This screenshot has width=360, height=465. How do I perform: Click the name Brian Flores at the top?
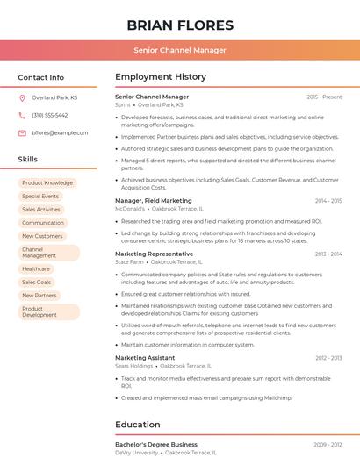[x=180, y=25]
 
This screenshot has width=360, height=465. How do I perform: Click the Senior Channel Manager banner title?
[x=180, y=50]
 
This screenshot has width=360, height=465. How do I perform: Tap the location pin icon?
[x=22, y=98]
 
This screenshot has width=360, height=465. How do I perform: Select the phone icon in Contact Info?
[x=22, y=116]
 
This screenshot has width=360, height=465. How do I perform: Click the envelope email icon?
[x=22, y=133]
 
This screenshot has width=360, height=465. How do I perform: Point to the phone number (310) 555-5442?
[x=49, y=116]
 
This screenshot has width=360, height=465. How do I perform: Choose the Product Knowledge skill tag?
[x=47, y=183]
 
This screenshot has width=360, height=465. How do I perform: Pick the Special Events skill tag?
[x=40, y=197]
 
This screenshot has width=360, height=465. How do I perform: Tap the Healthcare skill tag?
[x=36, y=269]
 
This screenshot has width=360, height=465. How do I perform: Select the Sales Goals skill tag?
[x=37, y=283]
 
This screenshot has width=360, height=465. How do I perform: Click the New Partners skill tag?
[x=40, y=296]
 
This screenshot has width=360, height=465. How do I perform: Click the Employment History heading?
[x=161, y=77]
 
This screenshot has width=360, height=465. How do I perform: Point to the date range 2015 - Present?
[x=324, y=97]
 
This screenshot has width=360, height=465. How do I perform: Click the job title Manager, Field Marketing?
[x=154, y=201]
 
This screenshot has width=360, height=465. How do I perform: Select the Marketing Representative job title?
[x=155, y=254]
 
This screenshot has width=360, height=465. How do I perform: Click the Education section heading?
[x=138, y=425]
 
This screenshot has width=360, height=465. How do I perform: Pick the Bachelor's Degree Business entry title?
[x=156, y=445]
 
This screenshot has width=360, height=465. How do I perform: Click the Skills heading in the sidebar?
[x=28, y=160]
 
